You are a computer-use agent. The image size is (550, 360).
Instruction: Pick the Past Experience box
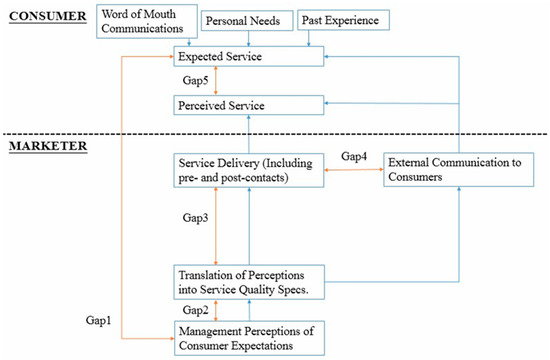[341, 20]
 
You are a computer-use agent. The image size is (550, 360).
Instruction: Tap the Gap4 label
[356, 157]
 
